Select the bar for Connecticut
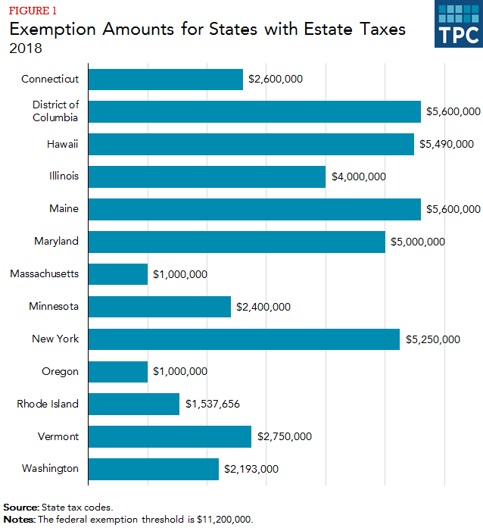[166, 79]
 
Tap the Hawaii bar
[251, 144]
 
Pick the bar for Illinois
[207, 176]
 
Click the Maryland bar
[237, 242]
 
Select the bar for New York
[244, 339]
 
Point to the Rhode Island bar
[134, 404]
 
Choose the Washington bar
[154, 469]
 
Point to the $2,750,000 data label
[285, 436]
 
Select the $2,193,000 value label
[251, 469]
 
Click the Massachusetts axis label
[44, 273]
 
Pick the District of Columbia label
[55, 111]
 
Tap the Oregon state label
[60, 371]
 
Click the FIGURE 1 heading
[32, 10]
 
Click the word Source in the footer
[22, 507]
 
